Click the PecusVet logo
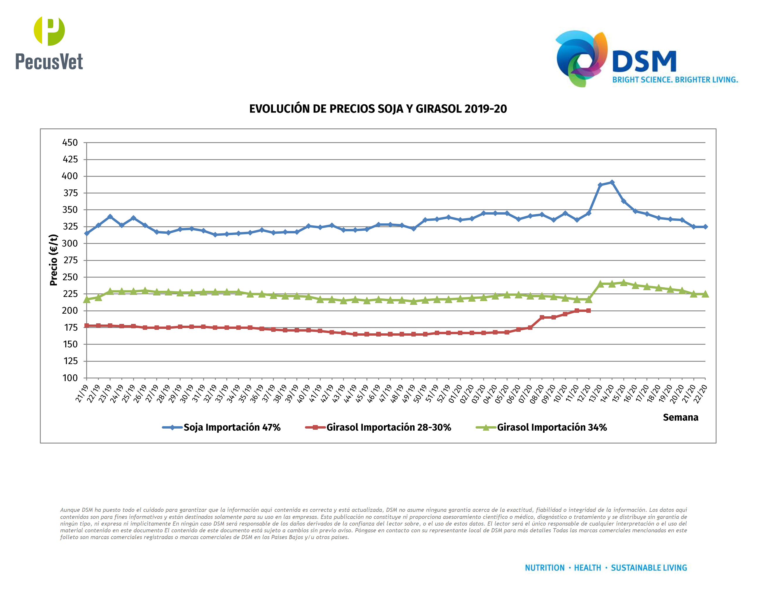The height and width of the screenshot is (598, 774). click(49, 43)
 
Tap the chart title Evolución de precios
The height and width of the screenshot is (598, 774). click(378, 109)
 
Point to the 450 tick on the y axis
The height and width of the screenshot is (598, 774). click(70, 143)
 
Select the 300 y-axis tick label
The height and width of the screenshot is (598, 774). click(70, 243)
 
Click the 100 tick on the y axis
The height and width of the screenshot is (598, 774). click(70, 378)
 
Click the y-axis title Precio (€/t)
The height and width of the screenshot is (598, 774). click(54, 260)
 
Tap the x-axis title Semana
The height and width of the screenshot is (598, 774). click(680, 417)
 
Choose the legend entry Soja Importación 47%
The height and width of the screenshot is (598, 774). click(221, 427)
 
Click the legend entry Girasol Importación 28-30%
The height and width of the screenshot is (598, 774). click(378, 427)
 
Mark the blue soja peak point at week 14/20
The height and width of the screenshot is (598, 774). click(612, 182)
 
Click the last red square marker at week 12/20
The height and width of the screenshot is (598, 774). click(588, 311)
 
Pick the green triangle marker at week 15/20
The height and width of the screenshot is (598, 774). click(623, 282)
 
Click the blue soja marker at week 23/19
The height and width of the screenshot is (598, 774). click(110, 216)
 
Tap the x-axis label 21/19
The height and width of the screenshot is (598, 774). click(81, 394)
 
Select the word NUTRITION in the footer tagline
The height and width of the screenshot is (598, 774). click(544, 568)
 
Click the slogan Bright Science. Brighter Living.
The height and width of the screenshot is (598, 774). click(675, 80)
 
